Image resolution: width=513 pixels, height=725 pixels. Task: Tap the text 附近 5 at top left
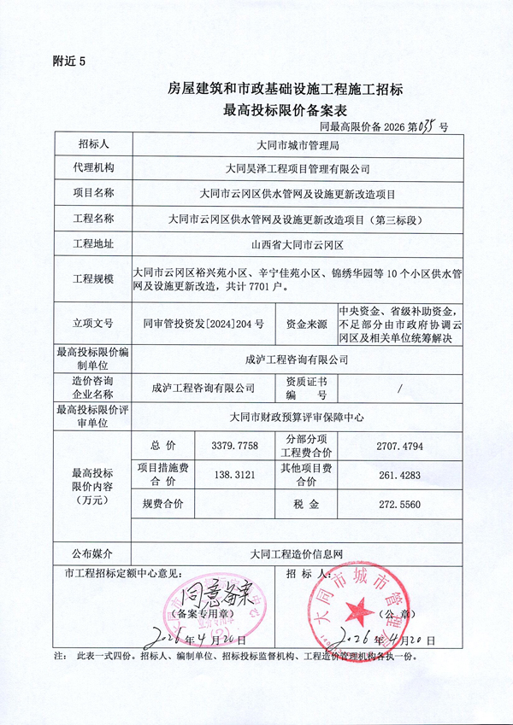tap(70, 61)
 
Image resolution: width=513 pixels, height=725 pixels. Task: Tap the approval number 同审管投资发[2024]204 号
tap(203, 324)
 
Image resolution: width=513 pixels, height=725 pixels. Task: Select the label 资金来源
tap(306, 324)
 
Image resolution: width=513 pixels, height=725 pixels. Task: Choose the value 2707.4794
tap(399, 446)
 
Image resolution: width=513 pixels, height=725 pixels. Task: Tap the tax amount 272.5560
tap(399, 505)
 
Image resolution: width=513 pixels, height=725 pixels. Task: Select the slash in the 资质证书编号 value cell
tap(399, 387)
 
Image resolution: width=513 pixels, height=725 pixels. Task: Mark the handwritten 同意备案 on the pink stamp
tap(215, 591)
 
